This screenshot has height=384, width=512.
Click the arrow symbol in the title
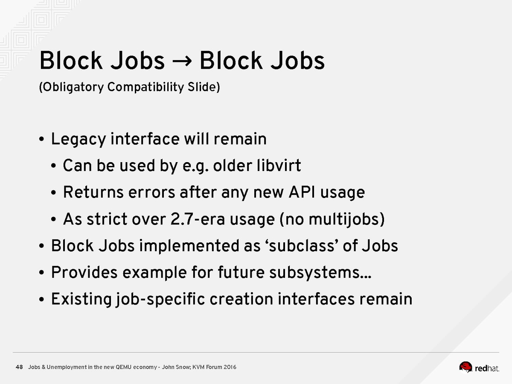[182, 61]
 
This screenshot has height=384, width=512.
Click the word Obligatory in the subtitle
[71, 87]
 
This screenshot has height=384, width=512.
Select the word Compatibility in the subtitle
[145, 87]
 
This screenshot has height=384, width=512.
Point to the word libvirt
[279, 165]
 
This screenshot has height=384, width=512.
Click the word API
[302, 192]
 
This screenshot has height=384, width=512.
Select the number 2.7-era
[198, 219]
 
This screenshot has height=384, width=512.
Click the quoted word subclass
[302, 246]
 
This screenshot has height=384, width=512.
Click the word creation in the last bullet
[241, 299]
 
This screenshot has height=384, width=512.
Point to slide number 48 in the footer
[19, 367]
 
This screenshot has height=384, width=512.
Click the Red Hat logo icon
[465, 367]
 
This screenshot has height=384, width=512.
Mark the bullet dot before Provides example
[41, 273]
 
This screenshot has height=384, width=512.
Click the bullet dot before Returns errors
[53, 193]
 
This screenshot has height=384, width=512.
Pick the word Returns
[93, 192]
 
